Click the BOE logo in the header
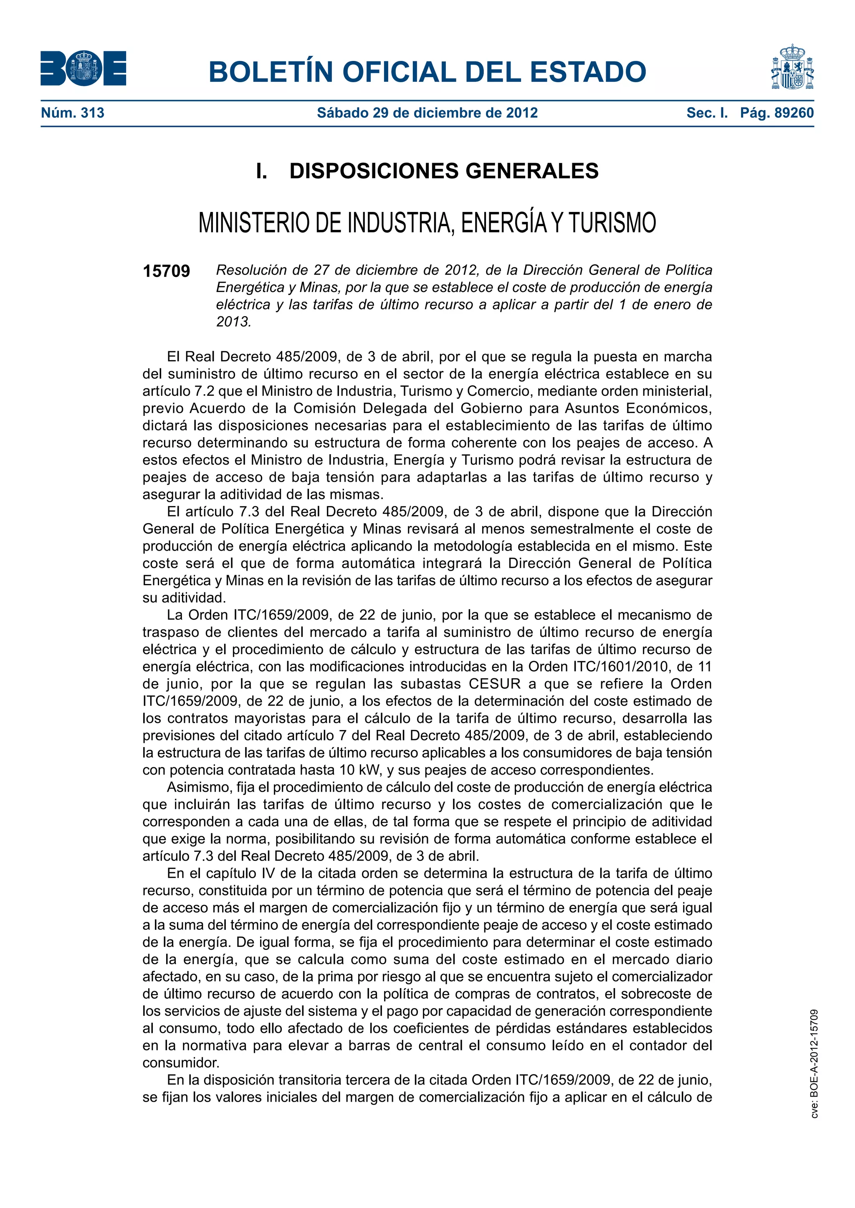point(83,68)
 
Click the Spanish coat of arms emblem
point(792,67)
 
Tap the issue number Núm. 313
point(73,113)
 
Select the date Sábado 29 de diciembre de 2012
point(427,113)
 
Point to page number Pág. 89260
point(777,113)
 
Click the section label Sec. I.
point(707,113)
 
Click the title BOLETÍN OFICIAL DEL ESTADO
point(427,72)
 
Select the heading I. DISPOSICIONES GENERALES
point(427,171)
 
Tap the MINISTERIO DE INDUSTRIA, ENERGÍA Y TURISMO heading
point(427,223)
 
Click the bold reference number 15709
point(167,272)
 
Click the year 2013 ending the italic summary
point(233,322)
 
